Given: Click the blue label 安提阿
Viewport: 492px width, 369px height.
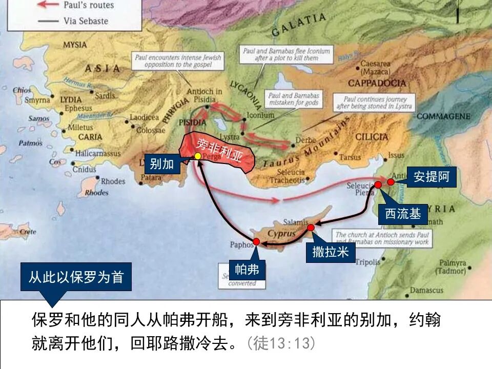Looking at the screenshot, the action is [432, 177].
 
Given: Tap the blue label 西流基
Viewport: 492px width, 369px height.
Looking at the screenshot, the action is [403, 214].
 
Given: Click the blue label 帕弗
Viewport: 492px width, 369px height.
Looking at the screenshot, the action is [247, 270].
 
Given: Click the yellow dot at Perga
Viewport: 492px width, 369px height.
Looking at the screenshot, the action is [198, 156].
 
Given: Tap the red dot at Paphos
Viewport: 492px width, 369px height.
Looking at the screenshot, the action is [256, 241].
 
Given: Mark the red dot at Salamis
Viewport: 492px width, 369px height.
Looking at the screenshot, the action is [311, 227].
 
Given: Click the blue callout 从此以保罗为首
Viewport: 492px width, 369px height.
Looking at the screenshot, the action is [76, 277].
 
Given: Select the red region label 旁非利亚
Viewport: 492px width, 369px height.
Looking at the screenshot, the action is [220, 148].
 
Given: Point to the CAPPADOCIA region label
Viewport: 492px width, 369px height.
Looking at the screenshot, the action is [377, 83].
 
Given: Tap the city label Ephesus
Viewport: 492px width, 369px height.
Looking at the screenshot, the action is [78, 108].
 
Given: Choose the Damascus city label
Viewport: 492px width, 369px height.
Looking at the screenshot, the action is [412, 291].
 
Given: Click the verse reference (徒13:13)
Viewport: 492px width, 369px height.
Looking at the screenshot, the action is [281, 343].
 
